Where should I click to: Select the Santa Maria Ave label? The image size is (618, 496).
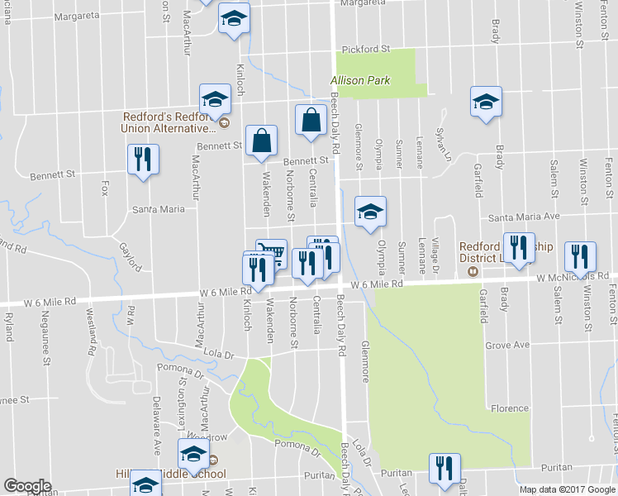point(525,217)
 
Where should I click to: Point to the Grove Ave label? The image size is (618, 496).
point(506,345)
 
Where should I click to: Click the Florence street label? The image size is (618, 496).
point(509,408)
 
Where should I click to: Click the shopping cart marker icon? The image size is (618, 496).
point(271,253)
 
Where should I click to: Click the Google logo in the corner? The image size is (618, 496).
point(27,486)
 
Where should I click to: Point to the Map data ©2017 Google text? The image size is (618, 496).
point(567,489)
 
